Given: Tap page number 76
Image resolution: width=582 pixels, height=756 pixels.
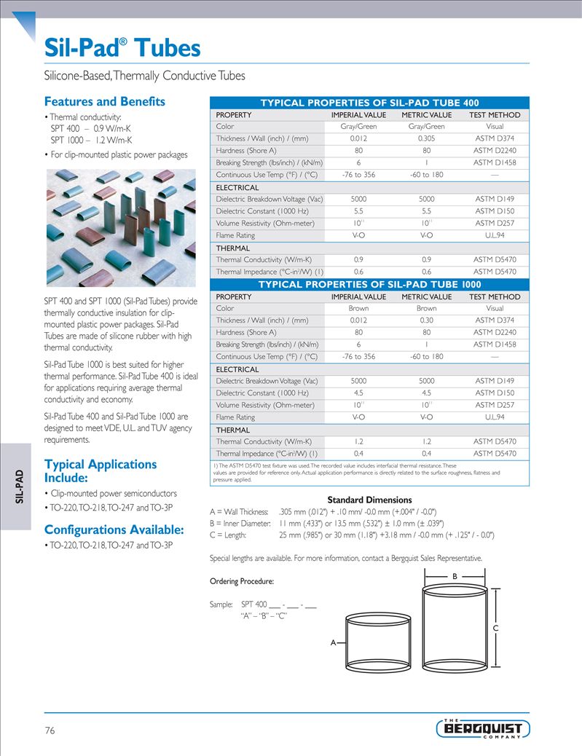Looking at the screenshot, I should (x=50, y=730).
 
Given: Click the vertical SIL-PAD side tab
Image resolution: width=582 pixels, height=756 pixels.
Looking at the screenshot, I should (x=20, y=487).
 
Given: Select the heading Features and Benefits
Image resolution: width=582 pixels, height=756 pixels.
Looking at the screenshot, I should (x=104, y=101).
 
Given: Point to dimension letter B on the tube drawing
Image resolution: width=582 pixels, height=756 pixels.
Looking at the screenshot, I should (x=455, y=576).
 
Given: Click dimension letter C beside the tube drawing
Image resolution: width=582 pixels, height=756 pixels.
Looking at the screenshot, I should (x=495, y=627).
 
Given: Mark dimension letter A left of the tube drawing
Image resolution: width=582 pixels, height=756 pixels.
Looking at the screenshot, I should (x=334, y=643).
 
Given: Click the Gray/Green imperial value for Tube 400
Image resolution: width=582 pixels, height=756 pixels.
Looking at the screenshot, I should (x=358, y=127).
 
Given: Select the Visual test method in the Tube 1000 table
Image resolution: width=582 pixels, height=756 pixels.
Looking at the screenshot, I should (x=494, y=308).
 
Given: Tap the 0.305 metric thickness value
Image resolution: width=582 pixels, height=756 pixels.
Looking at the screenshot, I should (x=426, y=138).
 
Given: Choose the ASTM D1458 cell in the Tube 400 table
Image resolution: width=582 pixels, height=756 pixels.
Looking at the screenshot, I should (x=494, y=162).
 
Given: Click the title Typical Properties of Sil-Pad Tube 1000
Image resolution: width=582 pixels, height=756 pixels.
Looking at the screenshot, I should (x=370, y=285).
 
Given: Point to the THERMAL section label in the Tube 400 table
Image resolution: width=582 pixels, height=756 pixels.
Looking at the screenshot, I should (x=232, y=248).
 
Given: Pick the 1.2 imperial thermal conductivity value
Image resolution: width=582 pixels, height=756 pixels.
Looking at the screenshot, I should (x=358, y=441).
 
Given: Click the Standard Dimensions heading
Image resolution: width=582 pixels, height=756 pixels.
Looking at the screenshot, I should (x=369, y=500).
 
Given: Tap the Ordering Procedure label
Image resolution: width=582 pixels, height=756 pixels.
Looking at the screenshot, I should (x=241, y=581).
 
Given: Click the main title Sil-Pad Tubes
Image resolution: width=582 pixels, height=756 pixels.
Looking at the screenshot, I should (x=122, y=48).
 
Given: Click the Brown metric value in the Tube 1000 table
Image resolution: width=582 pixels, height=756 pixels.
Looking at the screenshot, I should (x=426, y=308).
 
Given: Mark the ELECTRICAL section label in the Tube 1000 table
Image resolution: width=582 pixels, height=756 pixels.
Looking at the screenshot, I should (x=237, y=369).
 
